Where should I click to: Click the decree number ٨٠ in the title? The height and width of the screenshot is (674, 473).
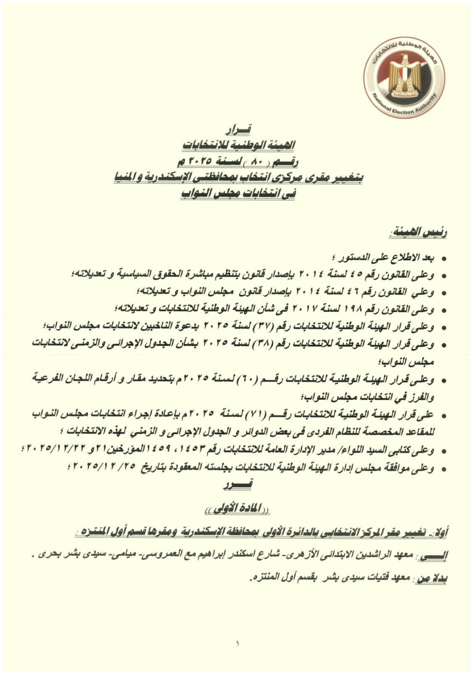252,161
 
